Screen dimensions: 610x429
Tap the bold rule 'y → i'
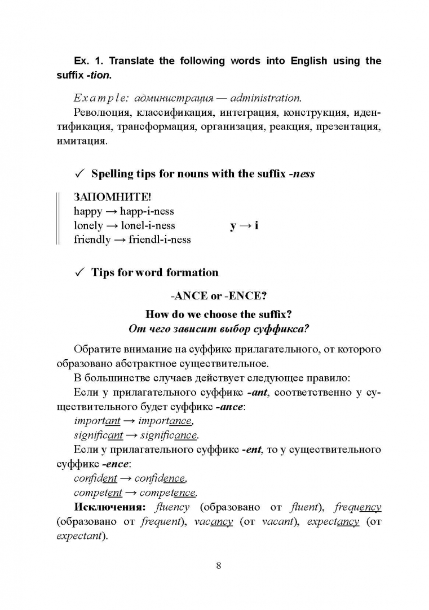(x=244, y=225)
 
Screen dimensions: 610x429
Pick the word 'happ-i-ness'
(x=147, y=211)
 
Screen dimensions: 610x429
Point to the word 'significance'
(x=169, y=435)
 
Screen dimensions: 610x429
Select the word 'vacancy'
(x=213, y=521)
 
